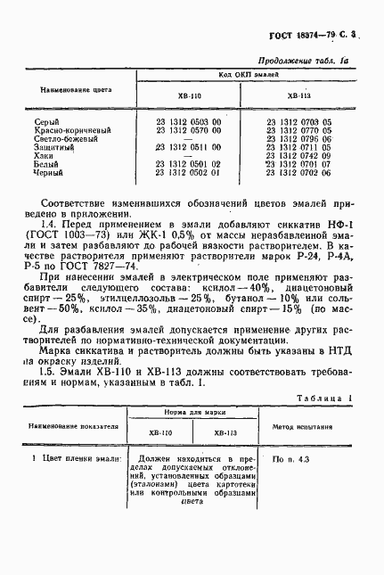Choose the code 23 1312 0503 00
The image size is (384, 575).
pos(188,121)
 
